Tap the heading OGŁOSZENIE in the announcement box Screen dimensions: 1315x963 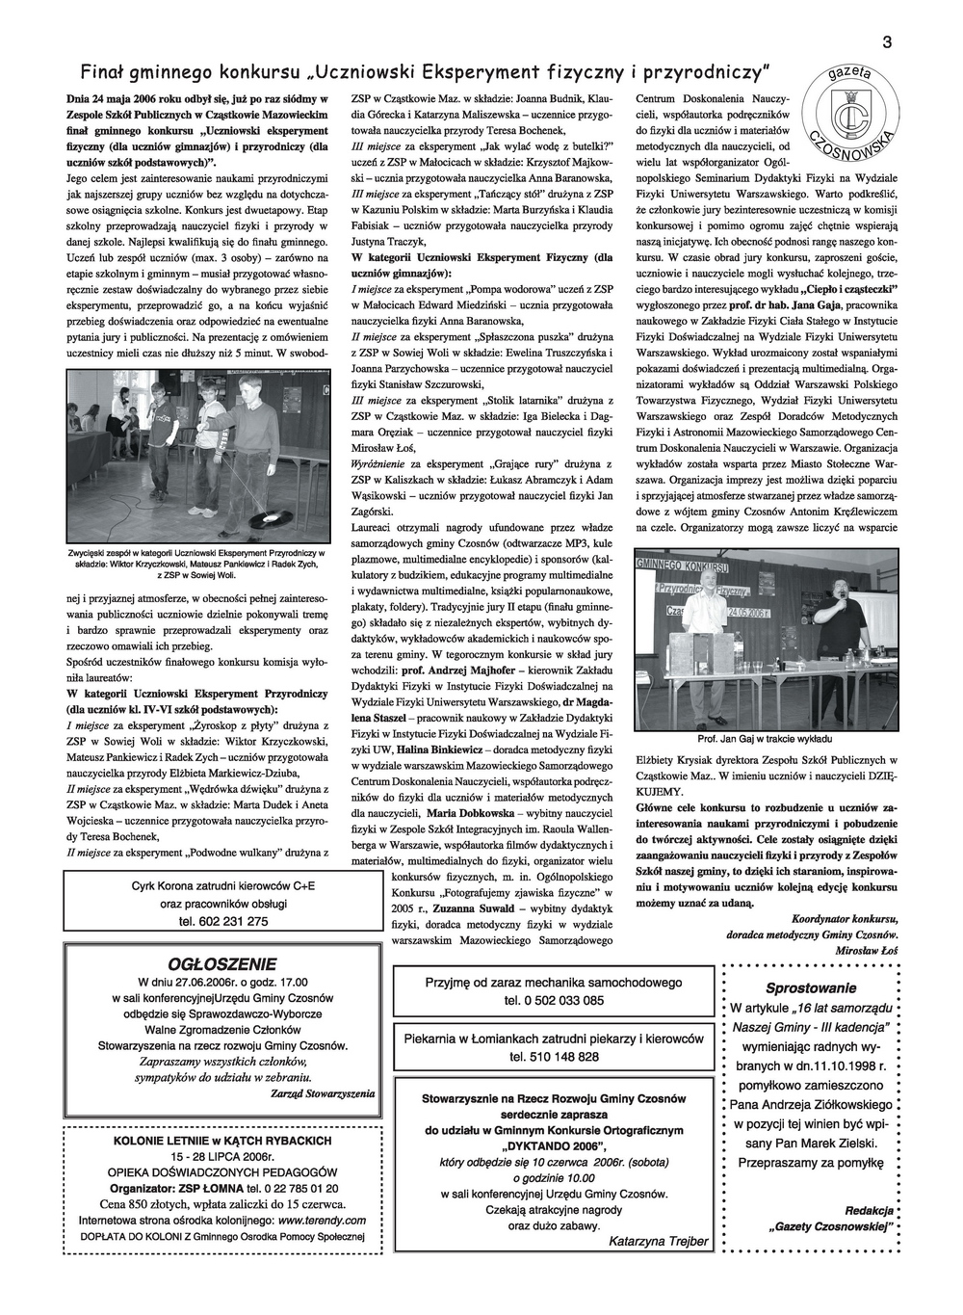(x=221, y=963)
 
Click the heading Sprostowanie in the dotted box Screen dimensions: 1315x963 (x=810, y=987)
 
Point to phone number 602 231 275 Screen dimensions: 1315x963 (x=221, y=921)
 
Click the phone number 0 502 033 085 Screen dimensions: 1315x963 (x=554, y=1000)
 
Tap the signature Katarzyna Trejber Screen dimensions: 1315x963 (x=658, y=1241)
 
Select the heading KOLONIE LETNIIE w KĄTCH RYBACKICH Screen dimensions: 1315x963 (x=221, y=1141)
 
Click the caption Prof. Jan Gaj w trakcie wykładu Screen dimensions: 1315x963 (x=766, y=740)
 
